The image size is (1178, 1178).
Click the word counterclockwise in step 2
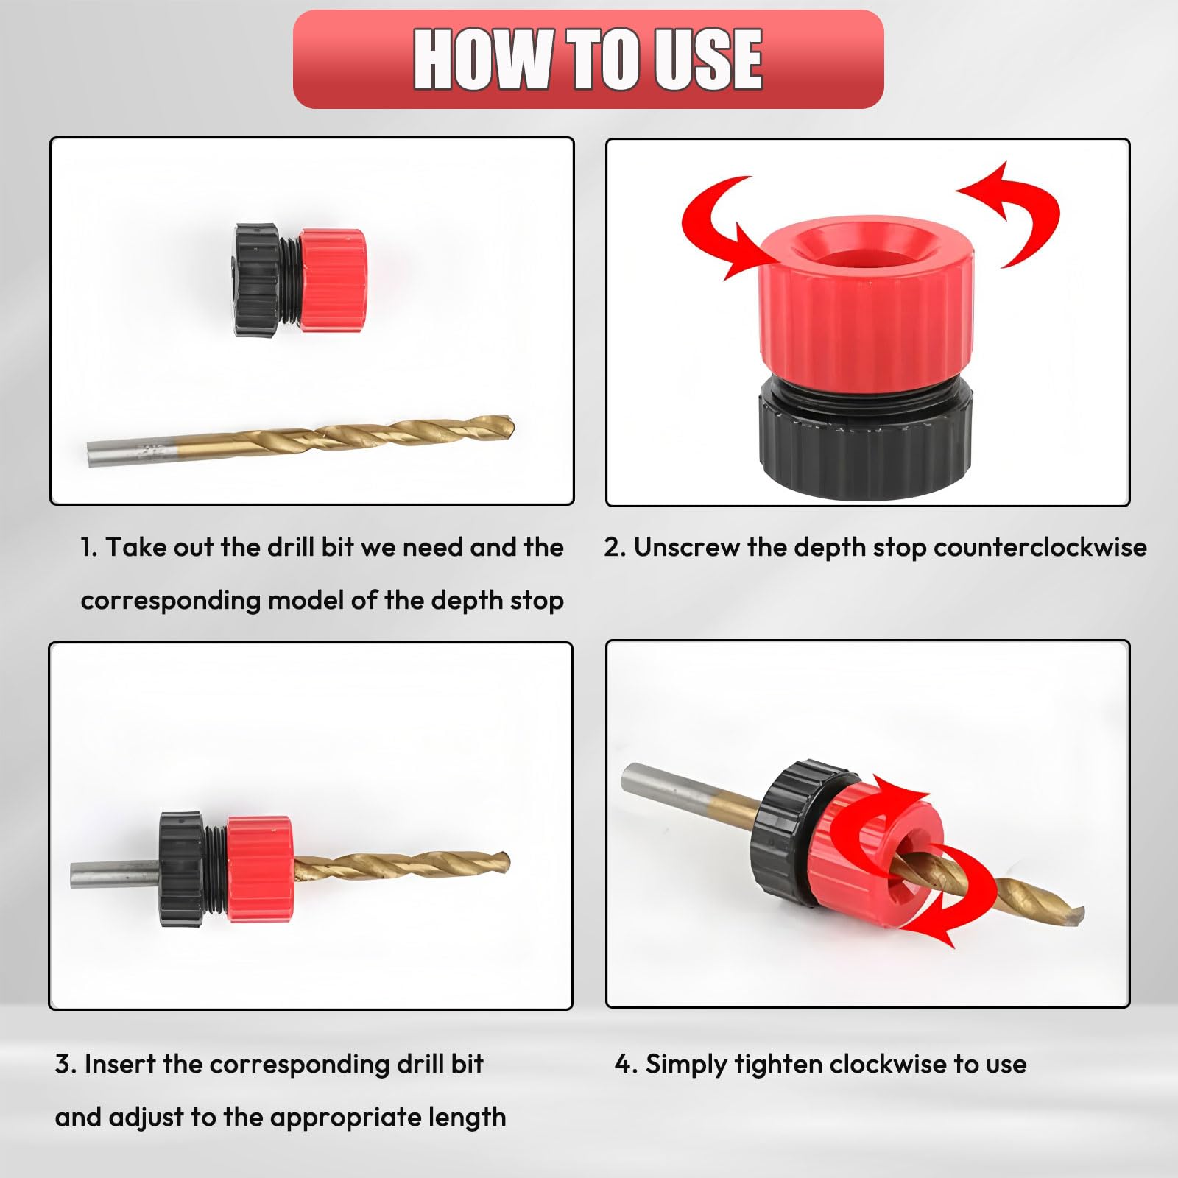point(1040,547)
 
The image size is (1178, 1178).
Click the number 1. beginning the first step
point(88,547)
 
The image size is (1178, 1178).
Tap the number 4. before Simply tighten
point(626,1065)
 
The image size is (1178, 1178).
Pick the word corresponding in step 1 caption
point(169,602)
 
